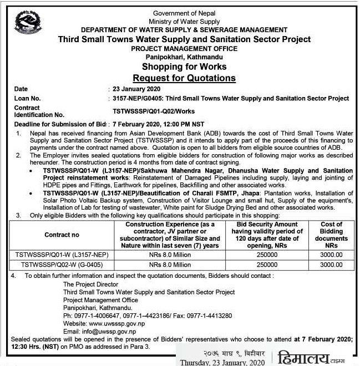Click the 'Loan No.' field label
[29, 98]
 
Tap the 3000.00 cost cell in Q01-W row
[332, 255]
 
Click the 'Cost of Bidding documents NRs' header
[332, 235]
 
